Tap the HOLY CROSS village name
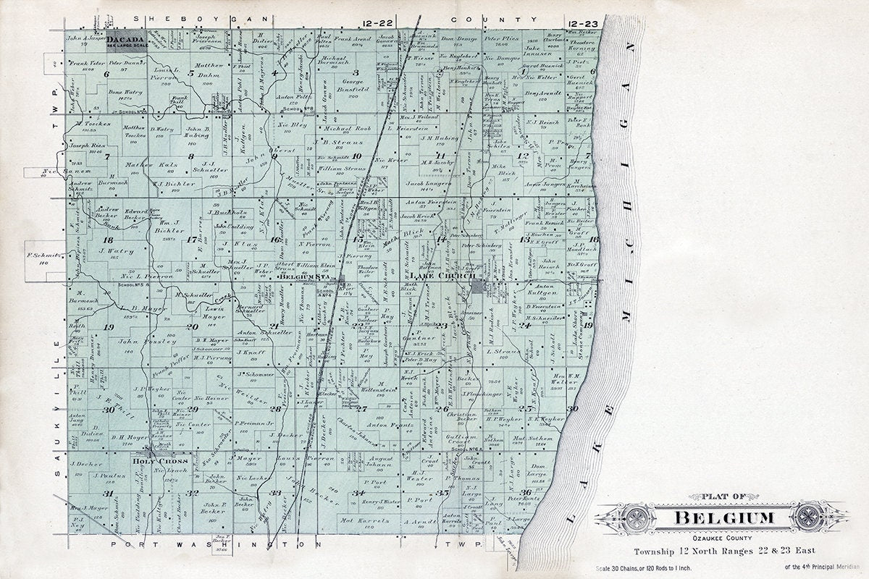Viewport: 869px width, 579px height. pyautogui.click(x=150, y=460)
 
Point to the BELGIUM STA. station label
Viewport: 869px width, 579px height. pyautogui.click(x=306, y=276)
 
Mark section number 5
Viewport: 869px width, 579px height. pyautogui.click(x=190, y=73)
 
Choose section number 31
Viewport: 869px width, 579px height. pyautogui.click(x=108, y=494)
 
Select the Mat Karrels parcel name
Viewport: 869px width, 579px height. pyautogui.click(x=355, y=520)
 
